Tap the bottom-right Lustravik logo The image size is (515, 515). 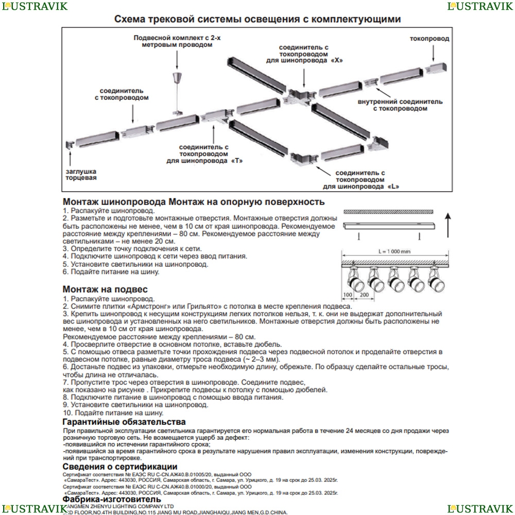pos(480,508)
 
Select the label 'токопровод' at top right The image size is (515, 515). pos(430,39)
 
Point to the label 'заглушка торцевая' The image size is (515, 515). pos(81,174)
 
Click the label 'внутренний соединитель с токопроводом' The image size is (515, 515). pos(400,105)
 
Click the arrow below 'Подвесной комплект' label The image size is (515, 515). pos(177,61)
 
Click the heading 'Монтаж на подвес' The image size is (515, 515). pos(105,289)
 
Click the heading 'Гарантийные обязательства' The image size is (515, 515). pos(124,422)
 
